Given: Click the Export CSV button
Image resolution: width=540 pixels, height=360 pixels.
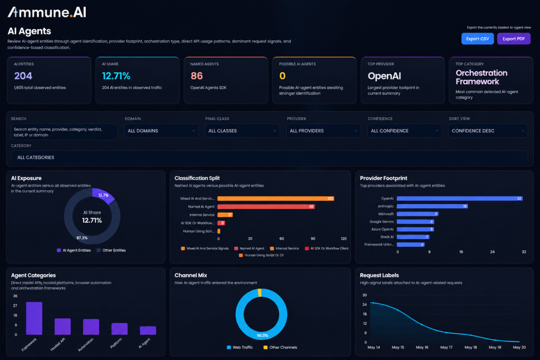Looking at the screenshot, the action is [477, 39].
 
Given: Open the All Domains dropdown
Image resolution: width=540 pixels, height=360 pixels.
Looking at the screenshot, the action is [161, 131].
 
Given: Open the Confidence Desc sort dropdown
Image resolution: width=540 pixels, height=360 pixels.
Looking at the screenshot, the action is [488, 131].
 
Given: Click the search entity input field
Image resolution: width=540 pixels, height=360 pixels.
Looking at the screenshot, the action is [64, 132].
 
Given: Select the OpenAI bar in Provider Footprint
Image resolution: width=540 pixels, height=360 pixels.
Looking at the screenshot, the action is [459, 198].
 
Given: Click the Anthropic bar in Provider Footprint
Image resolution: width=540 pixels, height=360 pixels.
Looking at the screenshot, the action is [432, 206].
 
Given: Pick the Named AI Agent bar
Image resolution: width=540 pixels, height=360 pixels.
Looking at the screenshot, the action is [266, 207].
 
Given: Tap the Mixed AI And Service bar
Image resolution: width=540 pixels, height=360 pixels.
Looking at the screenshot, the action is [276, 198].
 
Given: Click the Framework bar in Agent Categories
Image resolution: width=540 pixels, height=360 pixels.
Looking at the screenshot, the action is [34, 318].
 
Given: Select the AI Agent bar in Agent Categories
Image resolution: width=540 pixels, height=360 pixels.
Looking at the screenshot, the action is [148, 330].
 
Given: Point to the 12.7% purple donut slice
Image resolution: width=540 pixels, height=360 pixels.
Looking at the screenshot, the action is [103, 196].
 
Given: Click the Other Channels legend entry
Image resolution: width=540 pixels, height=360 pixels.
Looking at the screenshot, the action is [280, 347].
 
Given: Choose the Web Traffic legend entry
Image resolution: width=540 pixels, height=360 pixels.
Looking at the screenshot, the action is [240, 347].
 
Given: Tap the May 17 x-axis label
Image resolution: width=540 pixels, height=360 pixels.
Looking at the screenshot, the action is [446, 347].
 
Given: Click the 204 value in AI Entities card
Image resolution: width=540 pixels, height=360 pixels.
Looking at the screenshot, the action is [23, 76].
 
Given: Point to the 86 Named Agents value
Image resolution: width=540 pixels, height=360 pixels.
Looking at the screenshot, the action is [197, 76].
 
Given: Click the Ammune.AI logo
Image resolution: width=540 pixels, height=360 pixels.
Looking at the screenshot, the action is [47, 12].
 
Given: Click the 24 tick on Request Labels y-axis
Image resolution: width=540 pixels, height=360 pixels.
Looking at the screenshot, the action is [364, 305].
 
